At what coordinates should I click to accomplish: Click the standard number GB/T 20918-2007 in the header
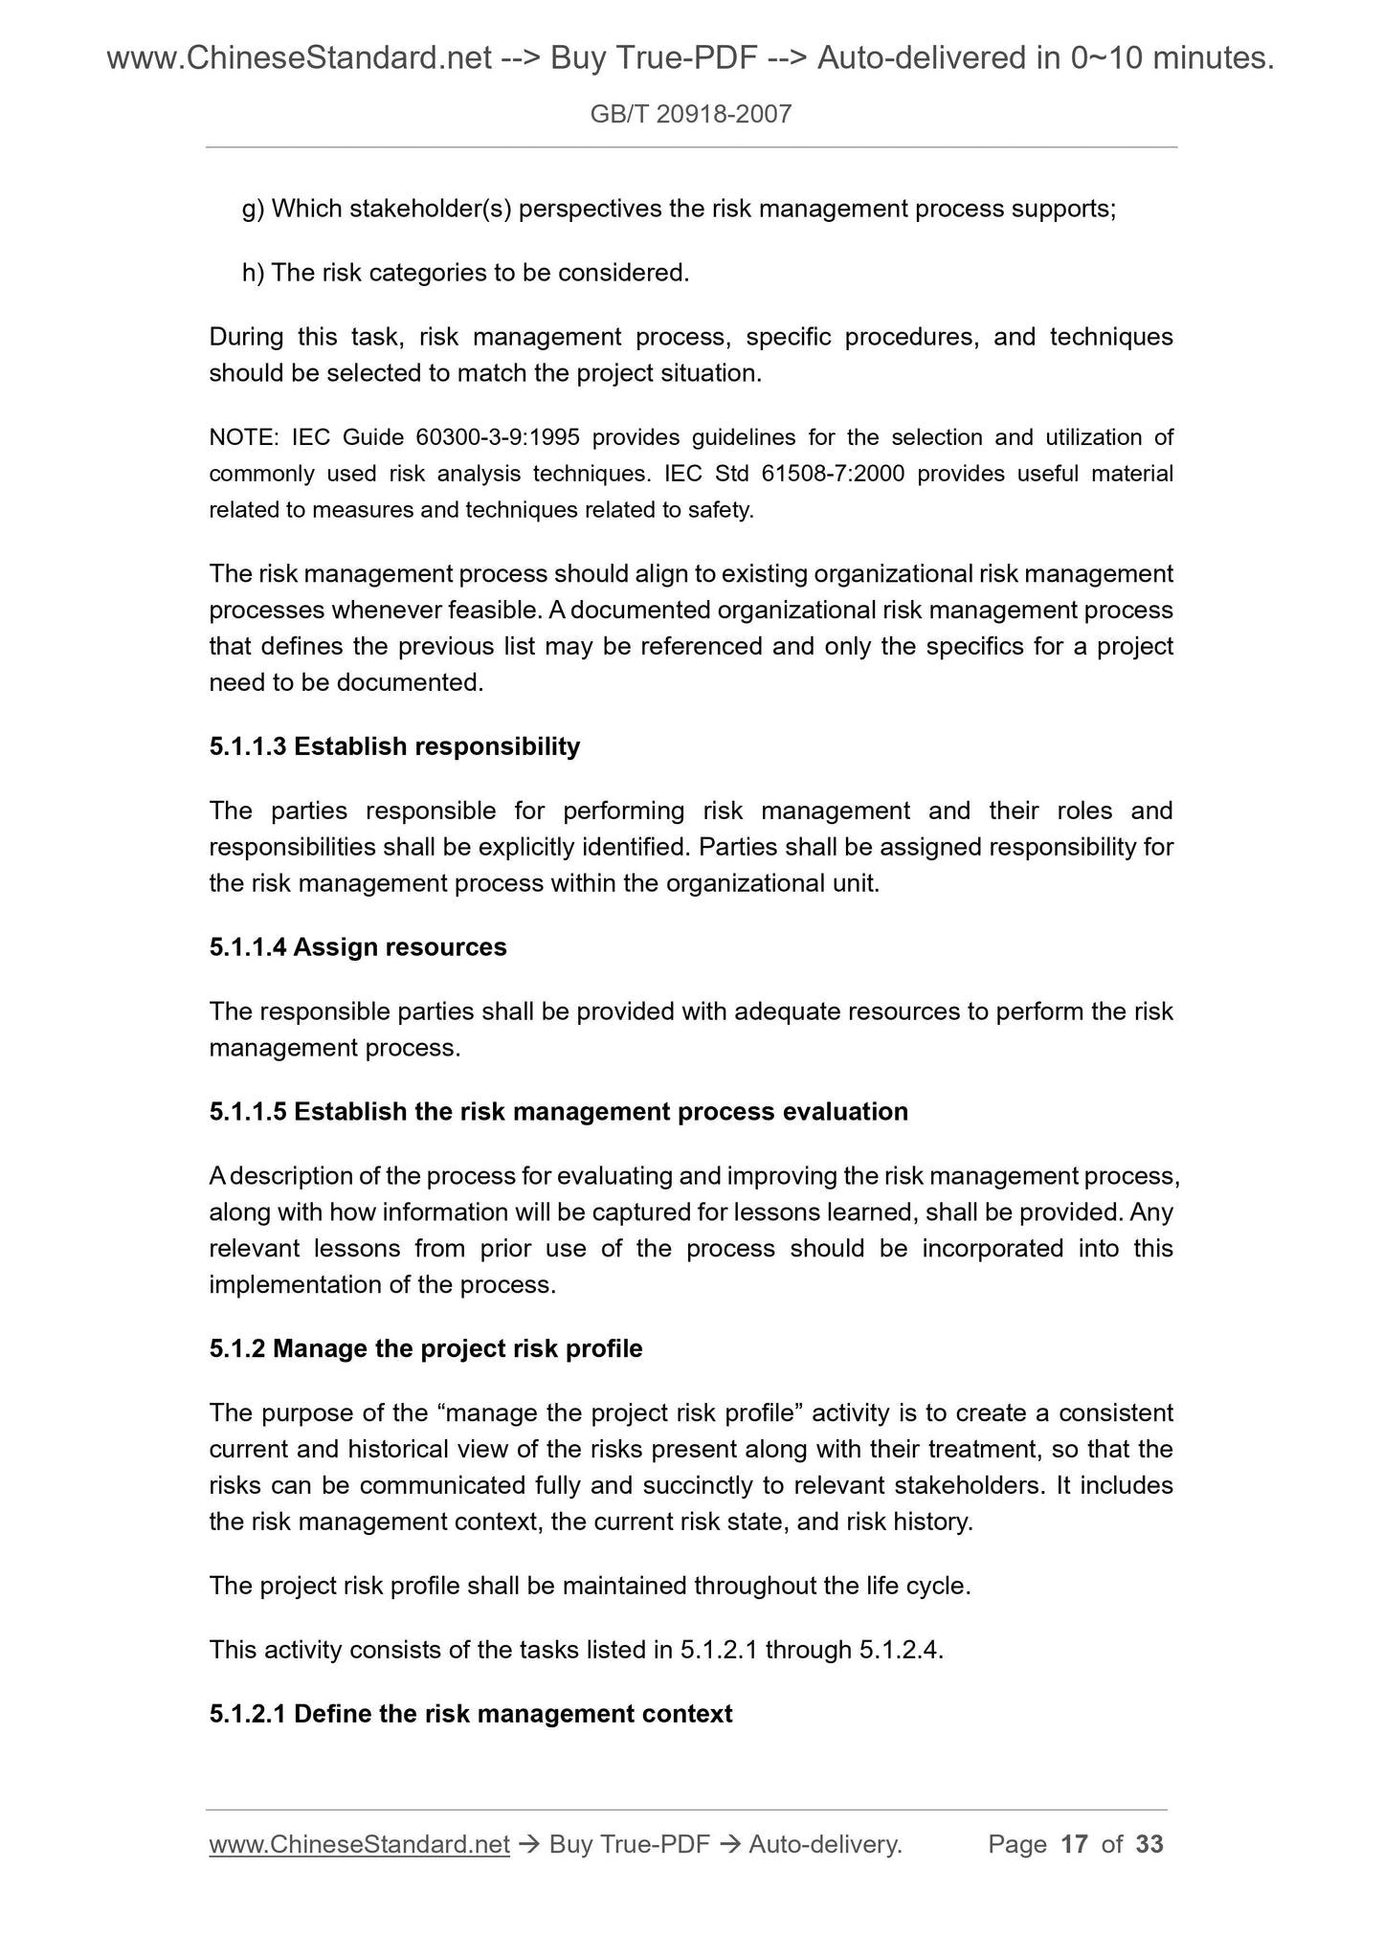(x=691, y=115)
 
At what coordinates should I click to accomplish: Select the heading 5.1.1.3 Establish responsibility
(x=394, y=746)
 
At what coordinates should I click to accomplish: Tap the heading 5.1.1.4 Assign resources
(x=358, y=947)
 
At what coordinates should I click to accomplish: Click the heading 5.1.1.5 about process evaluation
(x=558, y=1112)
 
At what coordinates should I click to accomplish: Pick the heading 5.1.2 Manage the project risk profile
(x=426, y=1349)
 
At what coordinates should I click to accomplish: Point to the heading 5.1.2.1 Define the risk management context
(x=471, y=1714)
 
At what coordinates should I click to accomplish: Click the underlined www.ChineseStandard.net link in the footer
(x=359, y=1844)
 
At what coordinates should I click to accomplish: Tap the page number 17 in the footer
(x=1075, y=1844)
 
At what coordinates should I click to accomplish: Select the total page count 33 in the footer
(x=1149, y=1844)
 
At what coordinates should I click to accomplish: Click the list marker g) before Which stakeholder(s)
(x=253, y=210)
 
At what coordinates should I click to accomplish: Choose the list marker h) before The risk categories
(x=253, y=274)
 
